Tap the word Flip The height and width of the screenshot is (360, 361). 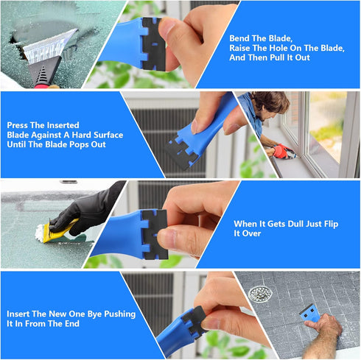(x=328, y=224)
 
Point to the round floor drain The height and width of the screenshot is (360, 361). (x=259, y=294)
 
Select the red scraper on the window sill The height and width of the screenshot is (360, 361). (x=282, y=152)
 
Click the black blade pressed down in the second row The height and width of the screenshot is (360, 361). (x=181, y=154)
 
